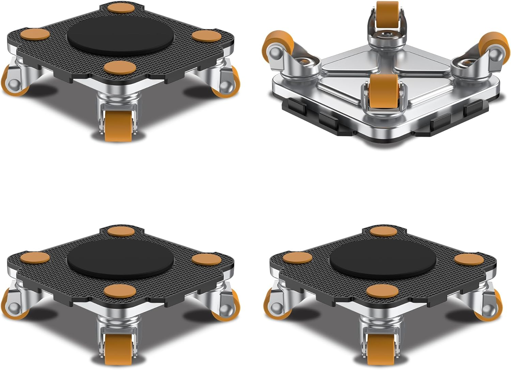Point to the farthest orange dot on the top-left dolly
(x=120, y=8)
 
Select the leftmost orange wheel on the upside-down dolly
(x=276, y=44)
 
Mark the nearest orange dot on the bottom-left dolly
(x=118, y=291)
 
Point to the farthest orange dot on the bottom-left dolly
(x=121, y=231)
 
